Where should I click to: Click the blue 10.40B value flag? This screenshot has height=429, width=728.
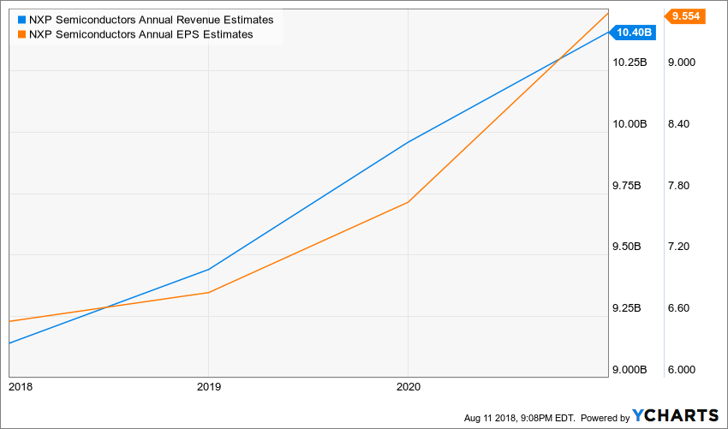(636, 33)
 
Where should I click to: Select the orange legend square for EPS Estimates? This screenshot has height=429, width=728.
(21, 34)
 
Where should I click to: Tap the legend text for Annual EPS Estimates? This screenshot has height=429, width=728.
(140, 34)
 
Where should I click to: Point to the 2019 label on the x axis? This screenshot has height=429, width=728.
(208, 386)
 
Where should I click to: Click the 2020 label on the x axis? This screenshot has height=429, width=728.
(408, 386)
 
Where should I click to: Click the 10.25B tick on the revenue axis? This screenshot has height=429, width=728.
(630, 63)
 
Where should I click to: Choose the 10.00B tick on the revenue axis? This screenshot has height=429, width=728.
(630, 124)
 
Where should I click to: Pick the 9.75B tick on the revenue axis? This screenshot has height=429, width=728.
(630, 186)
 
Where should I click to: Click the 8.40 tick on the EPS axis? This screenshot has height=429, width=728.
(679, 124)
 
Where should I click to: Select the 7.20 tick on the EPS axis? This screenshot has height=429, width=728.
(679, 247)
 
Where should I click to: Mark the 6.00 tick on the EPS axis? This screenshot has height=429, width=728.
(679, 370)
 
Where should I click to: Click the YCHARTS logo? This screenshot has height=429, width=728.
(676, 415)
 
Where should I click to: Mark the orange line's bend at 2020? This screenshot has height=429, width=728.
(408, 202)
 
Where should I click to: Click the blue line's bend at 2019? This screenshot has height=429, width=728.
(208, 270)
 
